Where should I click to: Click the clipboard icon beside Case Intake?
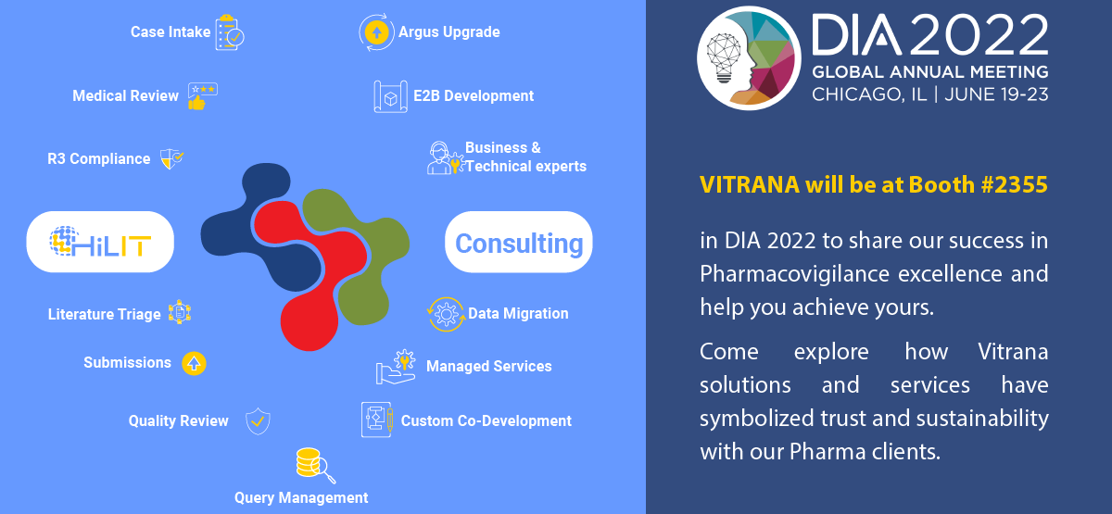[230, 32]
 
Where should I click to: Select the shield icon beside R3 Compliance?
[171, 158]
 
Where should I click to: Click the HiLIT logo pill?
[100, 242]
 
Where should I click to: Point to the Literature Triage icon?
[180, 313]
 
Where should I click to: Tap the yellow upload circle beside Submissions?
[194, 363]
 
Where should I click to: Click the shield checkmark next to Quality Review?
[258, 421]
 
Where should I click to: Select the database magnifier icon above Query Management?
[315, 465]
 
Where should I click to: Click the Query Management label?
[301, 497]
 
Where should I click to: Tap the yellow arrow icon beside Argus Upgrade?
[376, 32]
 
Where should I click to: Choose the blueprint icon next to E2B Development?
[391, 96]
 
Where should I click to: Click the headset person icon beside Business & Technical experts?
[445, 157]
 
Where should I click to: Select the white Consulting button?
[519, 242]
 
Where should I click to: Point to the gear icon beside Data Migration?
[446, 314]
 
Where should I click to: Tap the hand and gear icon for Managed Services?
[396, 367]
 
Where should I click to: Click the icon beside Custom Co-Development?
[377, 420]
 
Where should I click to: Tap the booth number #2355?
[1014, 185]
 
